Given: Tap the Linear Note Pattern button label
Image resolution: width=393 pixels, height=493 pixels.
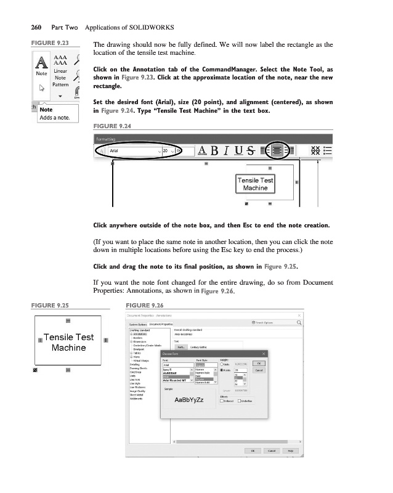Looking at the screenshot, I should coord(60,78).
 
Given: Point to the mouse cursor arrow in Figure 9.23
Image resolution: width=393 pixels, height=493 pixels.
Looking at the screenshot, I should coord(42,88).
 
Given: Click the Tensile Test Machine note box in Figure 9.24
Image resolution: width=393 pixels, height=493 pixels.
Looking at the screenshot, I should coord(256,184).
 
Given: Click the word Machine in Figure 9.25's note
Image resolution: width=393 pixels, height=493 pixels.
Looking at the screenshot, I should coord(68,348).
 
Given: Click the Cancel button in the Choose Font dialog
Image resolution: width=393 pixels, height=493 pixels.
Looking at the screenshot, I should coord(259,370).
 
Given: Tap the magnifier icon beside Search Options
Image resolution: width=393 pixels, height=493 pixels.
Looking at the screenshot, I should coord(299,322).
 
